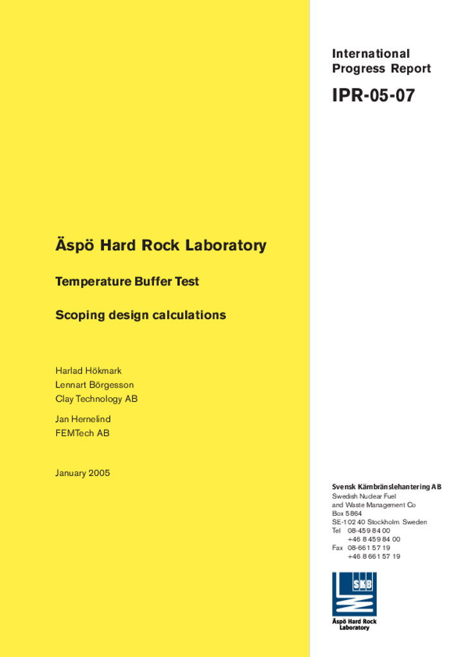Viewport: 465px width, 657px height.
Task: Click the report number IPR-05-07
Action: point(373,96)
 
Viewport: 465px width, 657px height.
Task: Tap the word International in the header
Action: point(371,54)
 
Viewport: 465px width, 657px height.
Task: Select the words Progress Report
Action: point(381,69)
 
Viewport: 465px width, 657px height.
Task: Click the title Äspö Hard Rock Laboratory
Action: point(161,245)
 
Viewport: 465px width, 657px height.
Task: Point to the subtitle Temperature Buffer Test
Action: point(127,281)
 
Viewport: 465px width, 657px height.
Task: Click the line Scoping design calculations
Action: point(141,315)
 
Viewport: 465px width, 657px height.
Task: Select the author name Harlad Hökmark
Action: point(88,371)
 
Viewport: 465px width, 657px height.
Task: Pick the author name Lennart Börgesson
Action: point(94,385)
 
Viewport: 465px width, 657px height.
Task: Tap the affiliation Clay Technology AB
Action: point(96,399)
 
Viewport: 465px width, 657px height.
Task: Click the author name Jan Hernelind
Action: point(83,419)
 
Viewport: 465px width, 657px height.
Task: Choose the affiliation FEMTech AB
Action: point(82,433)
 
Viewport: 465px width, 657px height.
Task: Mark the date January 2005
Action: point(82,474)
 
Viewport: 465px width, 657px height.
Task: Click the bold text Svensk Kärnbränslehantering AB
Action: point(387,487)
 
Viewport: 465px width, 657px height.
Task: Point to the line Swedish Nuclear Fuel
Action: point(364,496)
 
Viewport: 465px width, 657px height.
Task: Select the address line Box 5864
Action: point(347,513)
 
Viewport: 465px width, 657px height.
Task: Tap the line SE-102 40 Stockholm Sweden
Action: point(379,522)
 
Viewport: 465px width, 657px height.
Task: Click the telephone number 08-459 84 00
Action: point(369,531)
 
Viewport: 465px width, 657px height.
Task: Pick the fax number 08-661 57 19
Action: point(369,548)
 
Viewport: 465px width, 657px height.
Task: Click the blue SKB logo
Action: point(354,594)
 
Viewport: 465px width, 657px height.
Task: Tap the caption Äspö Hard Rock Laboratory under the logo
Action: point(354,624)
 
